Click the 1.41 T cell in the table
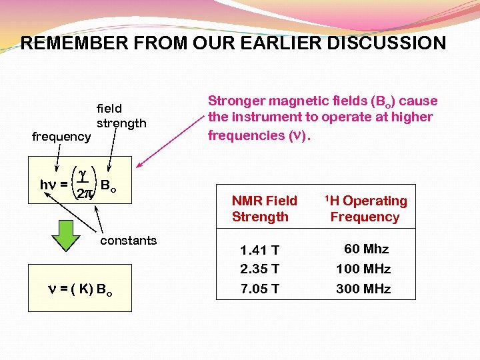click(259, 251)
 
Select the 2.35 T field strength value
click(259, 269)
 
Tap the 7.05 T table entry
click(259, 289)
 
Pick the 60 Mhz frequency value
click(366, 249)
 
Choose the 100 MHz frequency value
click(363, 269)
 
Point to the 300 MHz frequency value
click(363, 289)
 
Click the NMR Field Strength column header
click(264, 209)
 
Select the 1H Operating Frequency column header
click(365, 209)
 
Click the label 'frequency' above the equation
click(61, 137)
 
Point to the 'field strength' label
click(121, 115)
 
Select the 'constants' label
click(128, 241)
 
